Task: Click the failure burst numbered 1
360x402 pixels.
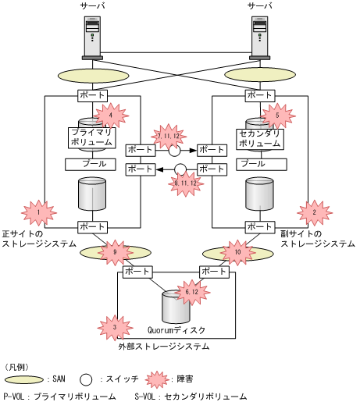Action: [x=36, y=212]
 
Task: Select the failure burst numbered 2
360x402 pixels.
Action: [x=314, y=212]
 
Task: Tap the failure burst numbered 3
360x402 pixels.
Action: [x=114, y=326]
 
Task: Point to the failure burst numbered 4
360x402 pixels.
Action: [x=111, y=116]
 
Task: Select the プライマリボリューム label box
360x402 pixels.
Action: [x=91, y=138]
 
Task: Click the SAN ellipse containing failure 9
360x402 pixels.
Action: [x=114, y=252]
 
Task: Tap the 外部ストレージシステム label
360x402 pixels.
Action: [x=164, y=344]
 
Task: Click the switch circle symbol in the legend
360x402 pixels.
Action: [x=86, y=379]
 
